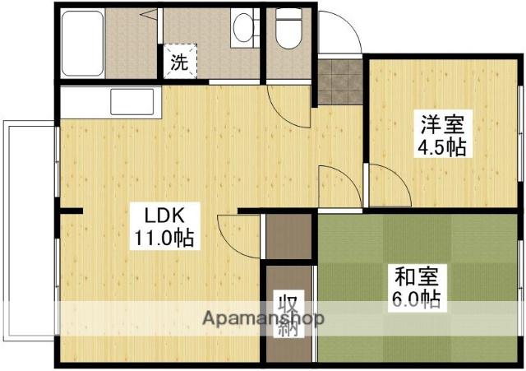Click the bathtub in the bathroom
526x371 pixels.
pos(82,41)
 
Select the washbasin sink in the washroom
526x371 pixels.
pos(244,29)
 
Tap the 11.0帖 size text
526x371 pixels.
pos(164,239)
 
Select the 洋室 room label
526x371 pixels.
pos(443,126)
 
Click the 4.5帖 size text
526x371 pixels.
pos(443,148)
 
